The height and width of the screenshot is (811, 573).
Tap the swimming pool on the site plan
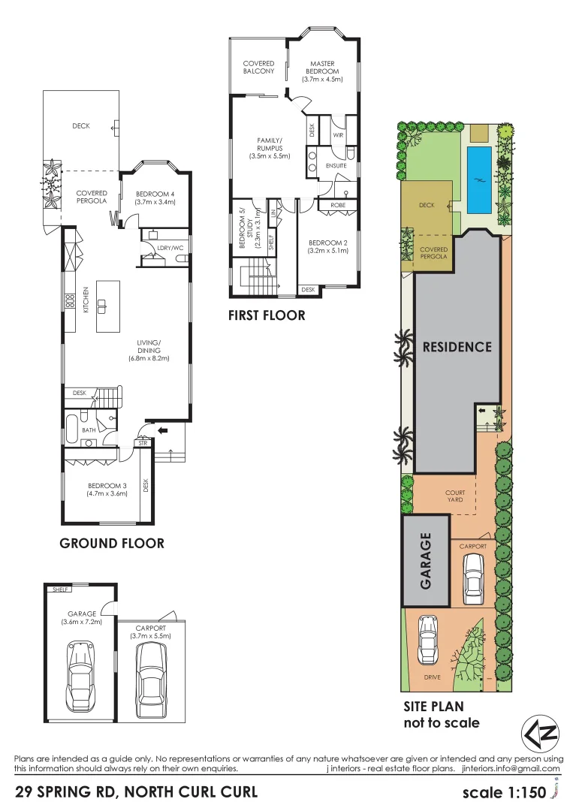point(478,179)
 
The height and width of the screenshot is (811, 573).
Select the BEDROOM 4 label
point(155,198)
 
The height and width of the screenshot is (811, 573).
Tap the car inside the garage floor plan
point(81,675)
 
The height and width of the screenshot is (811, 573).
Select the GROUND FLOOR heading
point(112,543)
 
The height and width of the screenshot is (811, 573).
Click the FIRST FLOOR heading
point(267,315)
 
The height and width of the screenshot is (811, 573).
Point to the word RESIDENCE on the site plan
point(457,347)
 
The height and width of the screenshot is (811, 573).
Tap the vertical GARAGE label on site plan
point(425,560)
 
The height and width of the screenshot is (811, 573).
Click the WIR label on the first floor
point(339,136)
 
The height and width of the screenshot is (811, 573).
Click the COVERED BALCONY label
point(258,68)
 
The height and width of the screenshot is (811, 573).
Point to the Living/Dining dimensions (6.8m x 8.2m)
point(149,358)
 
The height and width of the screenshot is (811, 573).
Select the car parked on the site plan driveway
point(427,635)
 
